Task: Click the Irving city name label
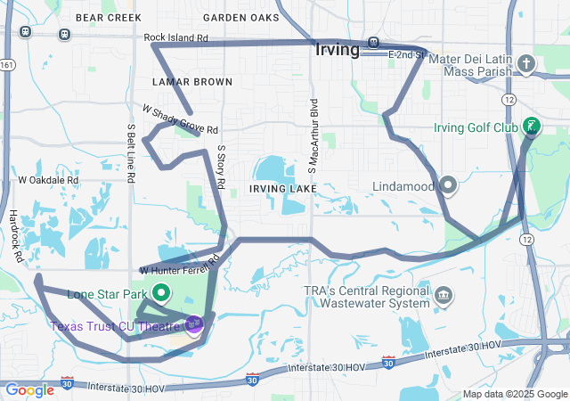(338, 50)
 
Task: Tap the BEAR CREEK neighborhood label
(109, 17)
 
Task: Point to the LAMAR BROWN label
(191, 82)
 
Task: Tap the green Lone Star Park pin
(162, 292)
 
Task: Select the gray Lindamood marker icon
(448, 186)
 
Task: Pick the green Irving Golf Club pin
(532, 127)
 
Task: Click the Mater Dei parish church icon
(526, 63)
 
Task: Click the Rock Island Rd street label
(175, 38)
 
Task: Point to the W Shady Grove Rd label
(180, 119)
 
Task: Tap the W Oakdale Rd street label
(49, 179)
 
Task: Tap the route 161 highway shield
(7, 65)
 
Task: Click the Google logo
(29, 389)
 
